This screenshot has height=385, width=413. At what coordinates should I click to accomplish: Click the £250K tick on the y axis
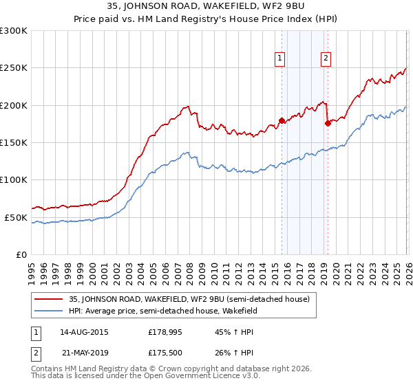[x=14, y=68]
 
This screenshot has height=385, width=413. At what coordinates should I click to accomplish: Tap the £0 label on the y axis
[x=20, y=254]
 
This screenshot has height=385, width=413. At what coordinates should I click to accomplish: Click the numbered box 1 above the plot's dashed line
[x=281, y=59]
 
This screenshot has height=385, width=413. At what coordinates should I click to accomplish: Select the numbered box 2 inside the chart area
[x=325, y=59]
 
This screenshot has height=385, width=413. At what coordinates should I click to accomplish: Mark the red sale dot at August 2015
[x=282, y=121]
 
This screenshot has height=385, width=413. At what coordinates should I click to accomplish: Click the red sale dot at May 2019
[x=327, y=124]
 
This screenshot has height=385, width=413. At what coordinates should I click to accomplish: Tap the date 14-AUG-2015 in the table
[x=85, y=332]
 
